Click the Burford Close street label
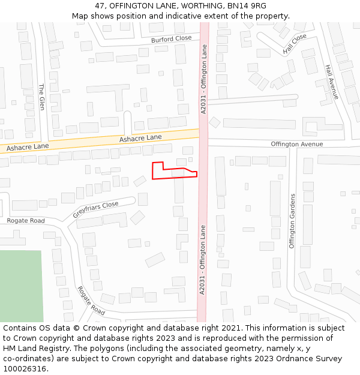(x=172, y=39)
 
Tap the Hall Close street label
(x=295, y=44)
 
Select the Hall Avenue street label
(x=332, y=82)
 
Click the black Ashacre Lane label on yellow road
(x=140, y=138)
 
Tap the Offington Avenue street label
(x=296, y=144)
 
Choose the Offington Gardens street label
(x=293, y=221)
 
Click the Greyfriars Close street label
(x=96, y=209)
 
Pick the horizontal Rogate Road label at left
(x=26, y=221)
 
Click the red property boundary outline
(x=175, y=178)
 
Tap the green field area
(x=21, y=286)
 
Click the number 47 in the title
(x=100, y=5)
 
